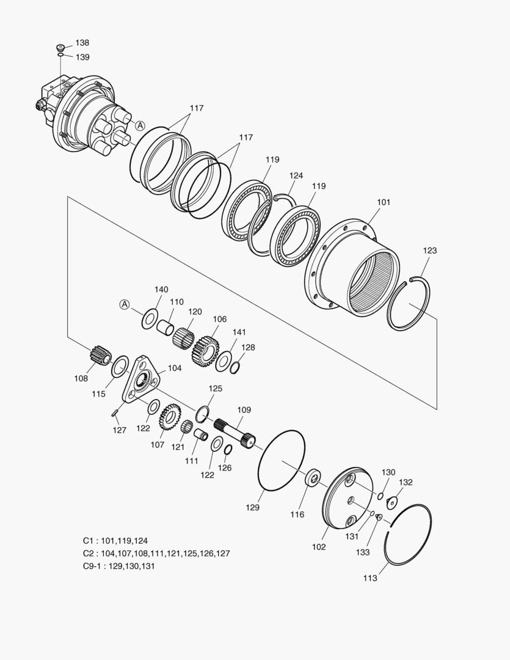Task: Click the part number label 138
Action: point(82,43)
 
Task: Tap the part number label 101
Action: point(384,202)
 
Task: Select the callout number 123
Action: point(429,251)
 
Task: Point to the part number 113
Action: point(370,578)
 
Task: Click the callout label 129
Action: point(252,508)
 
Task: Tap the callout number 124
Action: point(296,175)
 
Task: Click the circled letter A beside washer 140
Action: point(125,304)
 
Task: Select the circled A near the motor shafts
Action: point(140,125)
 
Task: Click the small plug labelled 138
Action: point(60,46)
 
